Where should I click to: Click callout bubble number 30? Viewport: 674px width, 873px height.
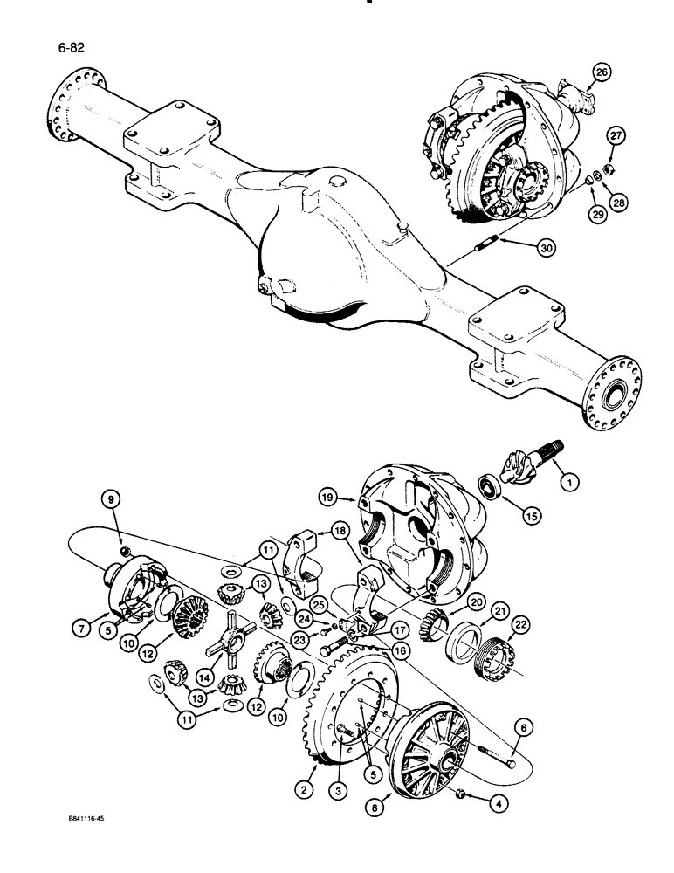coord(547,248)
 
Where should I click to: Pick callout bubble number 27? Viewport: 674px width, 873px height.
coord(617,135)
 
